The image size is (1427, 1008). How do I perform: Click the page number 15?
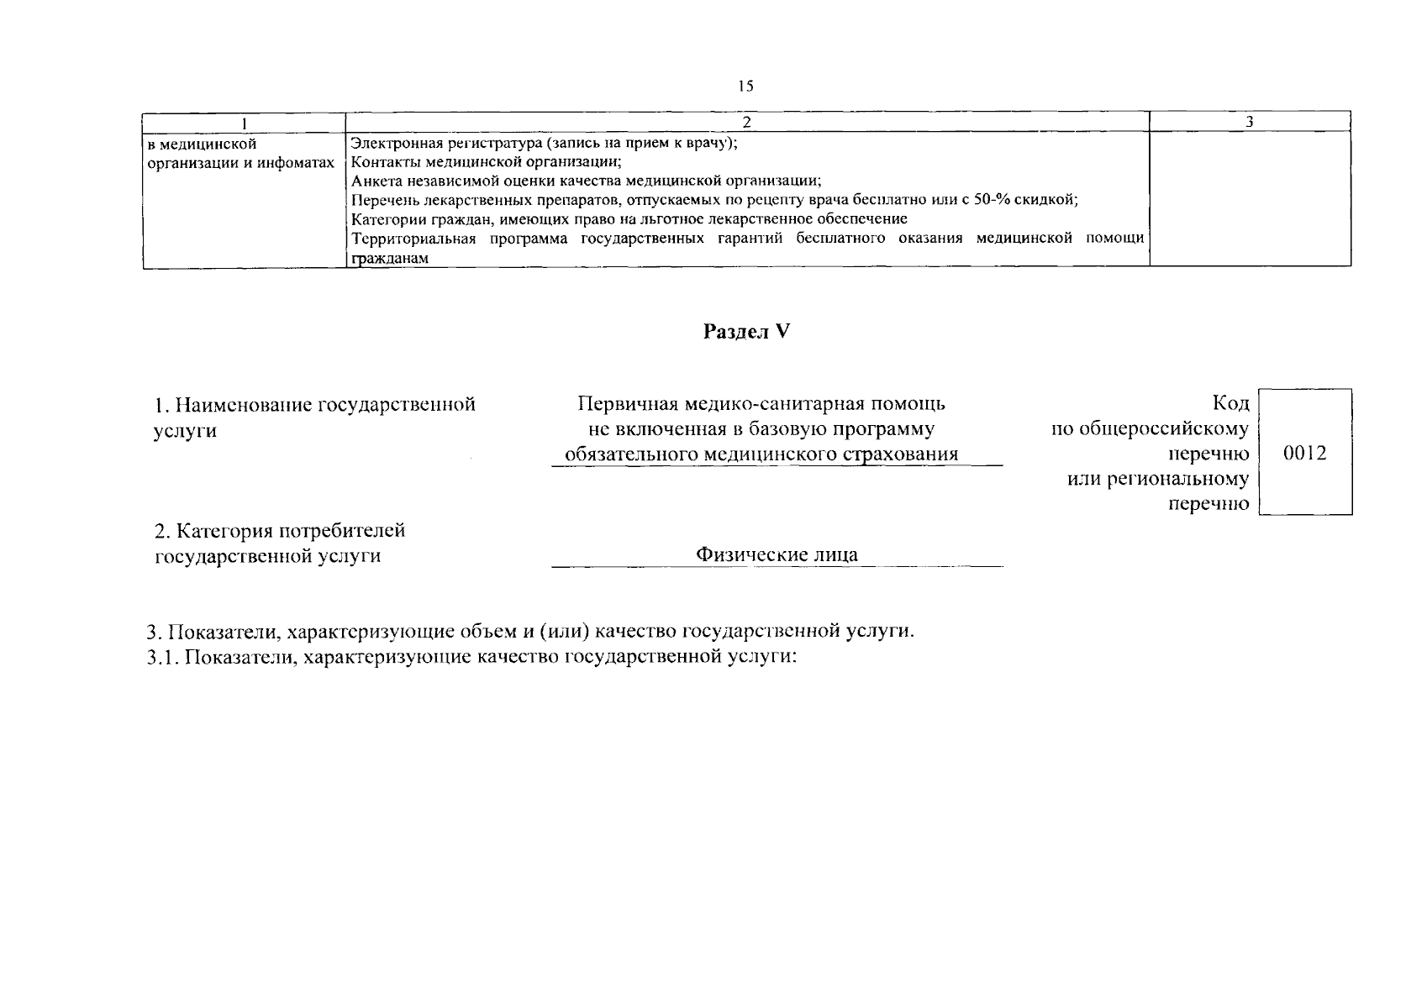(x=746, y=86)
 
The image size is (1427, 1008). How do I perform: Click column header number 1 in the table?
(x=244, y=123)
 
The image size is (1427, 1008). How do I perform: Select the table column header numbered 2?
(x=746, y=123)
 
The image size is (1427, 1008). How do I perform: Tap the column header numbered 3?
(x=1250, y=123)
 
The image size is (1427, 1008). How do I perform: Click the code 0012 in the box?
(x=1305, y=454)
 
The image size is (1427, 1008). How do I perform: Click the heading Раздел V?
(x=747, y=332)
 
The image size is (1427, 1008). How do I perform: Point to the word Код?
(x=1230, y=404)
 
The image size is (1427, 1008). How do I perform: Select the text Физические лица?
(x=777, y=555)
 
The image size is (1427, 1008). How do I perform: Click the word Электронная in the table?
(x=392, y=143)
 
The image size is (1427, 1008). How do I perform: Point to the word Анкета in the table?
(x=372, y=181)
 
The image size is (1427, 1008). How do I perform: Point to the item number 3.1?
(x=159, y=658)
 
